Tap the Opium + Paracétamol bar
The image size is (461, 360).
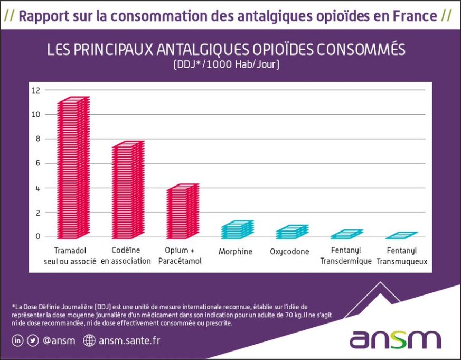click(x=182, y=211)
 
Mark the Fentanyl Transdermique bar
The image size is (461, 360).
click(x=346, y=234)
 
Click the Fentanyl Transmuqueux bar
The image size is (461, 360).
click(x=401, y=235)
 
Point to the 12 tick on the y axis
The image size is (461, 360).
click(x=35, y=90)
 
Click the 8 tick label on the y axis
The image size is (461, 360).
click(x=37, y=139)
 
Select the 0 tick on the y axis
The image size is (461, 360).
click(x=37, y=236)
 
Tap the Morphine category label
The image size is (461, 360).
click(x=235, y=252)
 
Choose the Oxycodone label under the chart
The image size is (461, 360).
click(x=289, y=252)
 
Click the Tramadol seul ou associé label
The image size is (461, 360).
click(x=70, y=255)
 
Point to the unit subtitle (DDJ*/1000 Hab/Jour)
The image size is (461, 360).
click(x=226, y=66)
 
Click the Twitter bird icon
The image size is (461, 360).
click(x=33, y=340)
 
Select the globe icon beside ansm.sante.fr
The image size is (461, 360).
click(x=89, y=340)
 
